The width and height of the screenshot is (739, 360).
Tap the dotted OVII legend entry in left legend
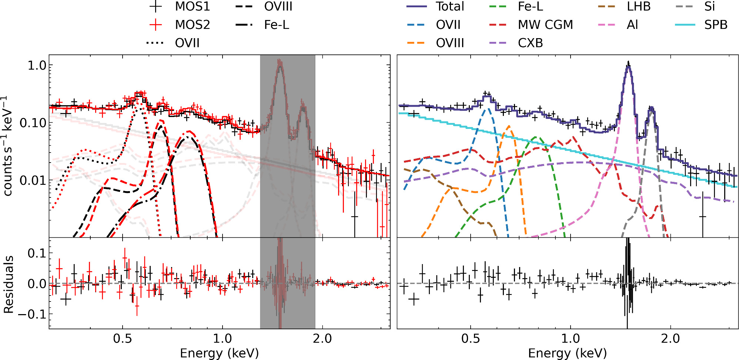pyautogui.click(x=173, y=43)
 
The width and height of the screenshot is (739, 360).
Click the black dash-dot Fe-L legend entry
pyautogui.click(x=262, y=25)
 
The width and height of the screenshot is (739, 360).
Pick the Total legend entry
pyautogui.click(x=435, y=7)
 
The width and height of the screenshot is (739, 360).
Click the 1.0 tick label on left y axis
pyautogui.click(x=37, y=66)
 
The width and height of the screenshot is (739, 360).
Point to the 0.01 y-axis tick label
pyautogui.click(x=33, y=181)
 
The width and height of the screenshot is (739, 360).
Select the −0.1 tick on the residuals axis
pyautogui.click(x=32, y=314)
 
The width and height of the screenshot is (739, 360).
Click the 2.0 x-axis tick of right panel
pyautogui.click(x=670, y=339)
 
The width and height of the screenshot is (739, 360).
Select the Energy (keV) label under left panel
pyautogui.click(x=219, y=353)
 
